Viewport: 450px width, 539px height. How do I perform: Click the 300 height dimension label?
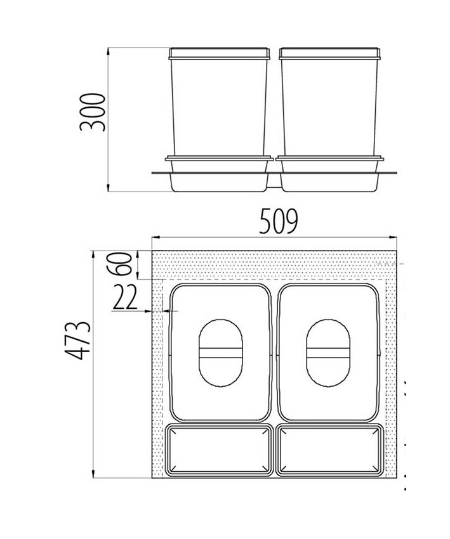(92, 112)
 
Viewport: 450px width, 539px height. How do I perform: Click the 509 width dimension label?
(279, 221)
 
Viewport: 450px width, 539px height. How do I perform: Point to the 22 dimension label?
(124, 297)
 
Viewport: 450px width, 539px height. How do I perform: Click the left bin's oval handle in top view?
(221, 353)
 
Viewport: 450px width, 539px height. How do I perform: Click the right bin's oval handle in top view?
(328, 353)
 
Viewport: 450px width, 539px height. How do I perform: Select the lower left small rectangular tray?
(220, 450)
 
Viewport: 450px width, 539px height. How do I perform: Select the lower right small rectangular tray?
(330, 450)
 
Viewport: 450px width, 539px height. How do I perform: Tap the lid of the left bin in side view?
(220, 53)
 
